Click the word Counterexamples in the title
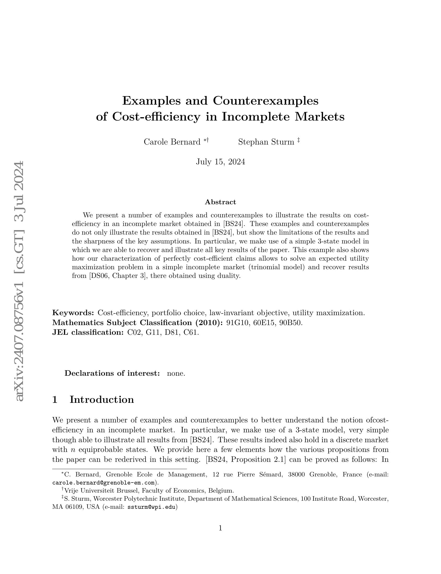[x=265, y=101]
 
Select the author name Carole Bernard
[x=172, y=142]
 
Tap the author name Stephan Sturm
[x=266, y=142]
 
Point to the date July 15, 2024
[x=220, y=162]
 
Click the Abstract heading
[x=220, y=202]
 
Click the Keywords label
[x=73, y=313]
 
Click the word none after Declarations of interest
[x=176, y=373]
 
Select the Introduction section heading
[x=102, y=399]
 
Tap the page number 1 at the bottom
[x=220, y=528]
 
